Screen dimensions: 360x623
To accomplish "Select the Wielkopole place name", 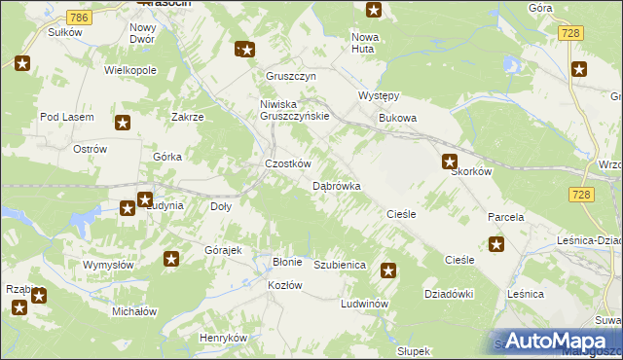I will pyautogui.click(x=130, y=71).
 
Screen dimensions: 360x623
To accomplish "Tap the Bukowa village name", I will pyautogui.click(x=397, y=119).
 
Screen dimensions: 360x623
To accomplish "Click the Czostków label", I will pyautogui.click(x=288, y=164).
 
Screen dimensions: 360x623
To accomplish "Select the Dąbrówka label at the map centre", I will pyautogui.click(x=337, y=185).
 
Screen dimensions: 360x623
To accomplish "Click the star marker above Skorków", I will pyautogui.click(x=450, y=162).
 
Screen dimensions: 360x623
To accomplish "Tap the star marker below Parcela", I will pyautogui.click(x=496, y=244).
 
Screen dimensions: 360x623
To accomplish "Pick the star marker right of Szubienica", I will pyautogui.click(x=388, y=271).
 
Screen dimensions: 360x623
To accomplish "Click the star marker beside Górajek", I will pyautogui.click(x=171, y=259).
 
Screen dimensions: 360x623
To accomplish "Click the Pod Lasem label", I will pyautogui.click(x=66, y=117).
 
